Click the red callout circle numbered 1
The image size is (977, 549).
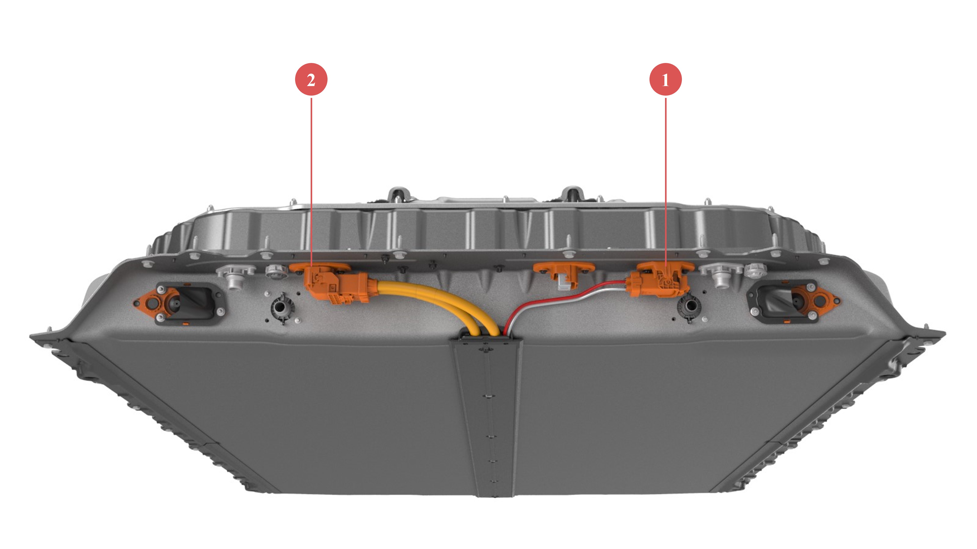coord(666,80)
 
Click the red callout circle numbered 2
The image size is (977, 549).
coord(311,80)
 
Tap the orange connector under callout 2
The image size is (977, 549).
coord(334,284)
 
